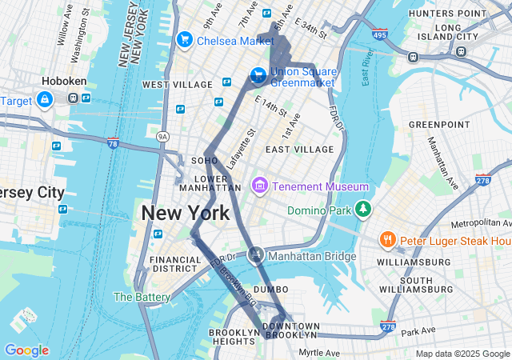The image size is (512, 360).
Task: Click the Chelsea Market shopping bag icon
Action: pos(184,38)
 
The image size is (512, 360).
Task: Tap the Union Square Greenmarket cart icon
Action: pos(258,76)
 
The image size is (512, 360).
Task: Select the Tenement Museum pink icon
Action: pos(259,186)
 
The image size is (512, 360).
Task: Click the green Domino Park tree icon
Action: pos(364,210)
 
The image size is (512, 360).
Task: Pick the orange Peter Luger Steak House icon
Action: pos(388,240)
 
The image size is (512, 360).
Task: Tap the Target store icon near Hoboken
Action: pos(45,100)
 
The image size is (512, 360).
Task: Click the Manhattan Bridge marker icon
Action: pos(256,256)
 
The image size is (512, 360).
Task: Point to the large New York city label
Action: pos(186,214)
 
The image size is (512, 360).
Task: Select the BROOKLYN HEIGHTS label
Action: pos(236,337)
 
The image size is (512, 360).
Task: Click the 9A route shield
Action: pos(163,136)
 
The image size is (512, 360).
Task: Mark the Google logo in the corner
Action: pos(26,350)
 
